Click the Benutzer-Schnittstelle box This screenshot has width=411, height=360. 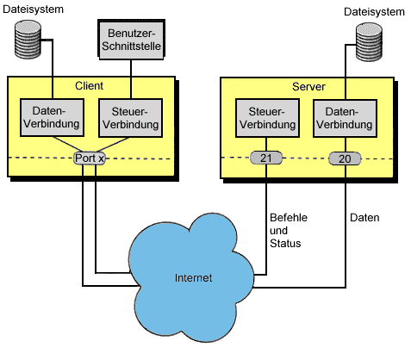131,40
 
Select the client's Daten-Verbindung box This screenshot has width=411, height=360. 52,117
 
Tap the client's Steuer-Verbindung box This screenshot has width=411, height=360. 130,118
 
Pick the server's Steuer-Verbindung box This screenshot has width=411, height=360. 267,118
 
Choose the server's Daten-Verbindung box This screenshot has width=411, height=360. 345,118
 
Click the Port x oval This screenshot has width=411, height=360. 90,158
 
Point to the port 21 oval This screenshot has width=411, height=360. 266,158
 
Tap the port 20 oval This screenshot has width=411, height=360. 345,158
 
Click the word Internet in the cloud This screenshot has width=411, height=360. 193,278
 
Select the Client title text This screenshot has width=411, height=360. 89,86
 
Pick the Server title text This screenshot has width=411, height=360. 308,87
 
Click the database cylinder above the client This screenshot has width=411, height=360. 28,40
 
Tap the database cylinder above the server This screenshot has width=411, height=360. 369,42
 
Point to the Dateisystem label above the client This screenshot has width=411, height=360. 33,9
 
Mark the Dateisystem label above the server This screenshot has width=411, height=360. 374,12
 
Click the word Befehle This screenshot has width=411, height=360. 289,218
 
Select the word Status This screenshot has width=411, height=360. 285,244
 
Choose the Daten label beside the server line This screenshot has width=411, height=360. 364,218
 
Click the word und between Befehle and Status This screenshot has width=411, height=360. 278,231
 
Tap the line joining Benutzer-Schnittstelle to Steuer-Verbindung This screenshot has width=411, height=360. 131,79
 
